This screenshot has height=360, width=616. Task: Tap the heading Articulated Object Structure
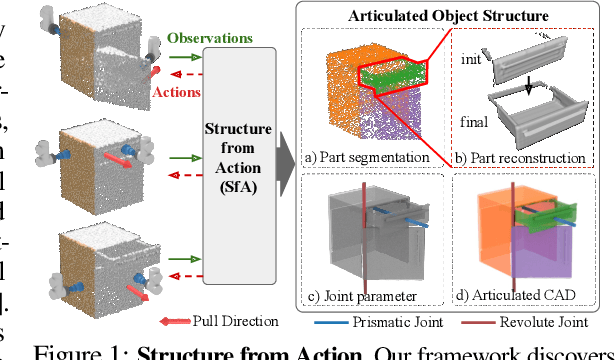[447, 17]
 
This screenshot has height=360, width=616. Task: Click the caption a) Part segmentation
[369, 158]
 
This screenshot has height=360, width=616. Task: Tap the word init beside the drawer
[473, 59]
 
